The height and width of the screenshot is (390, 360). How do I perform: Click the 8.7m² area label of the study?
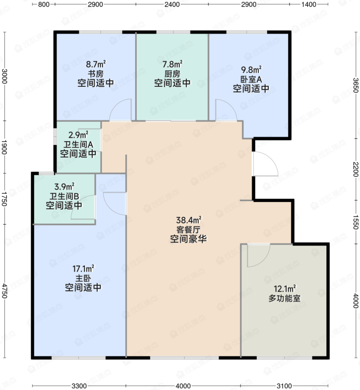(96, 64)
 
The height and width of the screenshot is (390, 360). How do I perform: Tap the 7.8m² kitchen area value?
(172, 64)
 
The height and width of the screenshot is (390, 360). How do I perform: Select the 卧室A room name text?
(251, 79)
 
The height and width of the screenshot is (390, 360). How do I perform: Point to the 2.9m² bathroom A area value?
(78, 135)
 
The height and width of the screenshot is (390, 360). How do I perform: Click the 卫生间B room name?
(64, 196)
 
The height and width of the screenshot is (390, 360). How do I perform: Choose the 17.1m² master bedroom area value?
(83, 269)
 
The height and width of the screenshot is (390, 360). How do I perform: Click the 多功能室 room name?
(284, 298)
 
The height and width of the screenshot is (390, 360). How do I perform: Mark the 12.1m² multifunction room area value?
(285, 289)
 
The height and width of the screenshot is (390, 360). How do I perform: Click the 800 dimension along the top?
(44, 4)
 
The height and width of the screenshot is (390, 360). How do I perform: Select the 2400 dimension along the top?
(172, 4)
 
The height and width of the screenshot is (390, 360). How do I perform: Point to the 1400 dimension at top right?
(309, 4)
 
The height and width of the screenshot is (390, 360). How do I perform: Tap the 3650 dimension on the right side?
(356, 85)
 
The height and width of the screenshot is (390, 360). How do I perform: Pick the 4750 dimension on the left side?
(4, 291)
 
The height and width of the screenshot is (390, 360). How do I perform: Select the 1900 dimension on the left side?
(4, 147)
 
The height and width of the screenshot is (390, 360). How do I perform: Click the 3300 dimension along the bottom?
(79, 386)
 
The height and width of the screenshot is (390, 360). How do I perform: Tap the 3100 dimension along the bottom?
(284, 386)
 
